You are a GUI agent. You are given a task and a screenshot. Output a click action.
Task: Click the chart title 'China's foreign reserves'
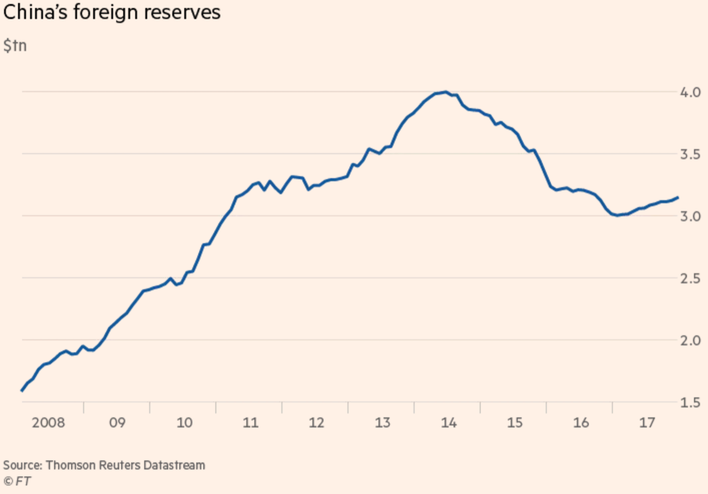[112, 12]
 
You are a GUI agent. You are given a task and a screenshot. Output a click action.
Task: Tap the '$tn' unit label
[15, 46]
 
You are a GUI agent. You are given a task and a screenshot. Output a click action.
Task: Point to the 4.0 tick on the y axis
[690, 92]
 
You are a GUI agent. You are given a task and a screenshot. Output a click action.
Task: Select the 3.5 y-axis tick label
[690, 154]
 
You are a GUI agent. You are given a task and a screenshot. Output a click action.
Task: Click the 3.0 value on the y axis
[690, 216]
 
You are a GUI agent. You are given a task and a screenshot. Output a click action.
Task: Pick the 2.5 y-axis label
[690, 279]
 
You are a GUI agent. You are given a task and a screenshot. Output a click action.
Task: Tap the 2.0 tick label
[690, 341]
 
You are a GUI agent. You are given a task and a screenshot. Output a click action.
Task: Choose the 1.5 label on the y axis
[690, 403]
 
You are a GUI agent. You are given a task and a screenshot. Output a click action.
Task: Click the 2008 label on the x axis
[49, 423]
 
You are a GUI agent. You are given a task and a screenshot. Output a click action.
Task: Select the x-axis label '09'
[117, 423]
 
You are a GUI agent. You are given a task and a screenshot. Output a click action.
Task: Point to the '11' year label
[250, 423]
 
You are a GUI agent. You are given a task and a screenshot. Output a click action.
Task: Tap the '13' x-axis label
[383, 423]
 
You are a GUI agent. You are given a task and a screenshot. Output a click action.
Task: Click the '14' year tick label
[449, 423]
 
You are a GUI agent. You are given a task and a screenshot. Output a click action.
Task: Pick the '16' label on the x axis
[581, 423]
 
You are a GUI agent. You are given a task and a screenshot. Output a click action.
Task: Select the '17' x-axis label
[647, 423]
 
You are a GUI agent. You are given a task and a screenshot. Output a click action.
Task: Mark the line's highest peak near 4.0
[445, 92]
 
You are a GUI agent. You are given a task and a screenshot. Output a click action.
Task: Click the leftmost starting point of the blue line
[22, 390]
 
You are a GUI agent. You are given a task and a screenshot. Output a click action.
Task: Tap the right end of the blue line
[677, 197]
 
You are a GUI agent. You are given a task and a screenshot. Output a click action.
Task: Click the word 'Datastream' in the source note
[174, 465]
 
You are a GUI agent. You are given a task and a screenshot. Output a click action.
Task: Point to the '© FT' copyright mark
[17, 481]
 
